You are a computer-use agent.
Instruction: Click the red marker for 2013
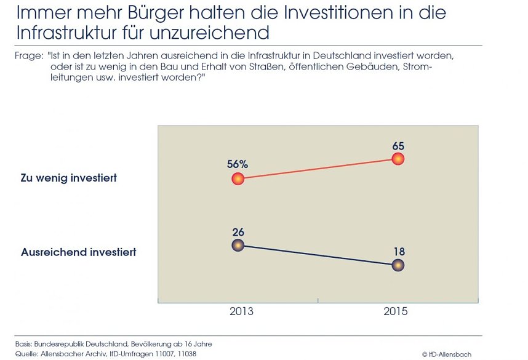238,179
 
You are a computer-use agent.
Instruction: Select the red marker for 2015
398,159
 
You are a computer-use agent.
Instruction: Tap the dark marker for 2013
238,246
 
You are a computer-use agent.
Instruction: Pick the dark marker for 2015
398,265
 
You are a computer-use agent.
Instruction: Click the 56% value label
238,164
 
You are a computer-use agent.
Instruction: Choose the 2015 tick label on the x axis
395,311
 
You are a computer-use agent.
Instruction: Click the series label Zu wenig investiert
69,178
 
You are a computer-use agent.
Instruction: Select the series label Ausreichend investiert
79,252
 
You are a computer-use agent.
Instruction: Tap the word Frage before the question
28,56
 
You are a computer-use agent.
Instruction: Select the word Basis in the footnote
24,343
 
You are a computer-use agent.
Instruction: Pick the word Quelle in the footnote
25,353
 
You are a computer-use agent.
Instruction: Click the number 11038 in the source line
185,353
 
